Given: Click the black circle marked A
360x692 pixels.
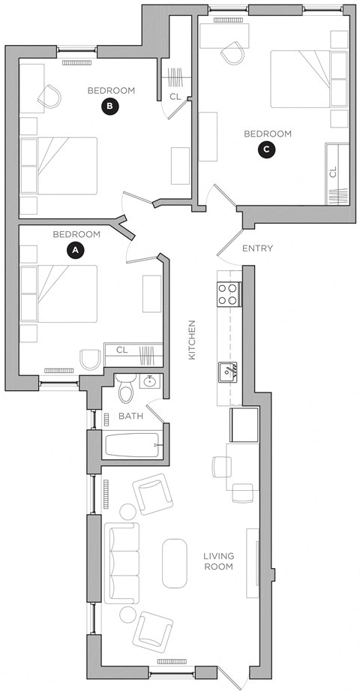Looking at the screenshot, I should tap(73, 250).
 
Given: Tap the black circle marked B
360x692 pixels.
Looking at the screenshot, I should tap(110, 107).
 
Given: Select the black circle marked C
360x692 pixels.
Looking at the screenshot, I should tap(266, 150).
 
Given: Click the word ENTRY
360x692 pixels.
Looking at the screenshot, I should tap(257, 248).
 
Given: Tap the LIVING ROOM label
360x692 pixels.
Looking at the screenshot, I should tap(219, 561).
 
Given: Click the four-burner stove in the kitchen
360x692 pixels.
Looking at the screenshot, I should tap(228, 293).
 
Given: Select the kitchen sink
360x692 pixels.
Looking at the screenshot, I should tap(228, 371).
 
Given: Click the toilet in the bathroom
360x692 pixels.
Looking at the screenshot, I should tap(127, 389).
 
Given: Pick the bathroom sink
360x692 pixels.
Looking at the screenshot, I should tap(150, 381).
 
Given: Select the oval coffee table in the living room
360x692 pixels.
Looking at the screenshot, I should tap(174, 563).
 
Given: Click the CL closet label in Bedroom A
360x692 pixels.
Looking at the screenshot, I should tap(122, 349).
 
